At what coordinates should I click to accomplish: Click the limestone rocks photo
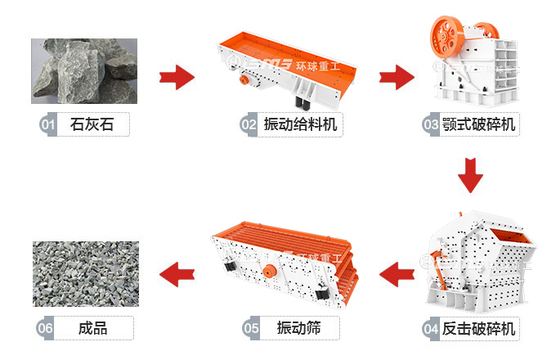[84, 70]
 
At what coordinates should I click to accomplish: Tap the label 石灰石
[92, 125]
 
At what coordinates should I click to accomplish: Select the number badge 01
[47, 125]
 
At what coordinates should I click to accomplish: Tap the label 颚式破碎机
[480, 125]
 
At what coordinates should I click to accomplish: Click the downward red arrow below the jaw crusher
[472, 175]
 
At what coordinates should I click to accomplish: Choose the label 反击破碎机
[480, 329]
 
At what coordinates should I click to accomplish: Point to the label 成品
[92, 329]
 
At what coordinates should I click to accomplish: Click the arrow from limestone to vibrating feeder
[176, 79]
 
